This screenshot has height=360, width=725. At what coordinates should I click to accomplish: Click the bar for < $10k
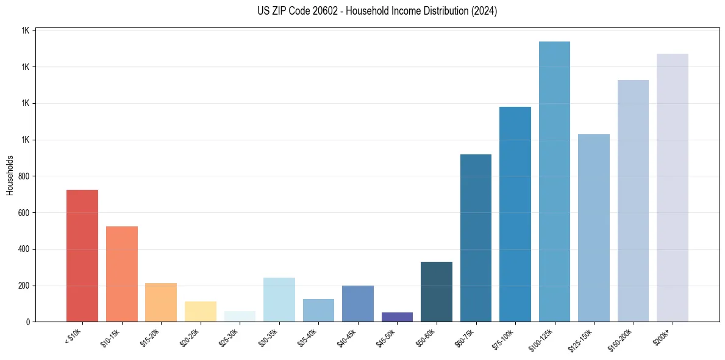pyautogui.click(x=82, y=256)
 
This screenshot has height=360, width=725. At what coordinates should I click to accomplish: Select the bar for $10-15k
pyautogui.click(x=122, y=274)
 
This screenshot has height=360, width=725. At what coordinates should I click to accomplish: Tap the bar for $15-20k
pyautogui.click(x=161, y=302)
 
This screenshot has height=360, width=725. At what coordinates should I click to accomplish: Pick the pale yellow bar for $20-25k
pyautogui.click(x=201, y=311)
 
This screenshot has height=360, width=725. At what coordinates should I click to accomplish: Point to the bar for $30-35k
pyautogui.click(x=279, y=300)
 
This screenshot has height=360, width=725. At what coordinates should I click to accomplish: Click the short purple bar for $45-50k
pyautogui.click(x=397, y=317)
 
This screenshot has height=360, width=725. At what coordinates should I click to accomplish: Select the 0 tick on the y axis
pyautogui.click(x=28, y=322)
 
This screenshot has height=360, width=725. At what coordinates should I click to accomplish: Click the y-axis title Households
pyautogui.click(x=10, y=175)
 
